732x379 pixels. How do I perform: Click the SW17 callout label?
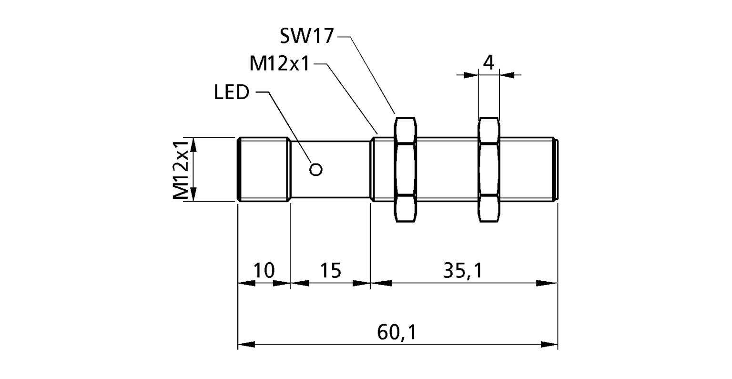[x=306, y=36]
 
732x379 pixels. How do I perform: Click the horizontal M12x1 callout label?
[x=279, y=63]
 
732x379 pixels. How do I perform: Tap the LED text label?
[x=232, y=92]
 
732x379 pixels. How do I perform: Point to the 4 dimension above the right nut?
[x=488, y=62]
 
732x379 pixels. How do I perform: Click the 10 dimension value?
[x=264, y=270]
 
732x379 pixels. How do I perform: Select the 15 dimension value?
[x=330, y=270]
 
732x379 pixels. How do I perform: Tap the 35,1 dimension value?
[x=462, y=270]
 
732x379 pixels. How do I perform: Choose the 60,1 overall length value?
[x=396, y=332]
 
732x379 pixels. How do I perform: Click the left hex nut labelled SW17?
[x=405, y=169]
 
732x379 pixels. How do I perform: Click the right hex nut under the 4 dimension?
[x=489, y=169]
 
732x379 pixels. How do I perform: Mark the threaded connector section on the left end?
[x=264, y=170]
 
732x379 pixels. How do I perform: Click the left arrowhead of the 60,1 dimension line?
[x=246, y=344]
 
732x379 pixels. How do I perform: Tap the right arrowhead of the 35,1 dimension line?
[x=548, y=283]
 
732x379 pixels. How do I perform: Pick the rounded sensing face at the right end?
[x=556, y=170]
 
